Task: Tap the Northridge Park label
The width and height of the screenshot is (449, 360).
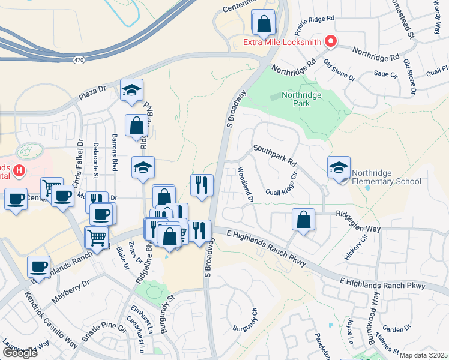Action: point(302,99)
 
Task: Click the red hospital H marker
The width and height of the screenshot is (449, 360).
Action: point(19,171)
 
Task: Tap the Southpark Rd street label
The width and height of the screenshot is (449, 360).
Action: point(275,155)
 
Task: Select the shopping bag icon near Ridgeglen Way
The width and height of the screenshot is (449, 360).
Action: point(304,220)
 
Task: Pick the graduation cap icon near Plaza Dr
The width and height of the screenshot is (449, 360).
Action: point(131,91)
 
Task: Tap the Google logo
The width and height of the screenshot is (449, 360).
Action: point(20,353)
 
